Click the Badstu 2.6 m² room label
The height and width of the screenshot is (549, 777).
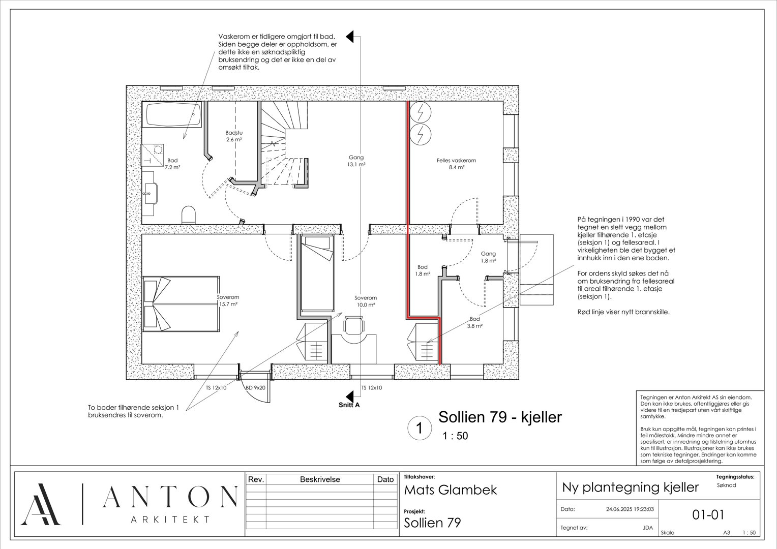(234, 136)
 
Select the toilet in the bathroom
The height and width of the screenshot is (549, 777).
(189, 215)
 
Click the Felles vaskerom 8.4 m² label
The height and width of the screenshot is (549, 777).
(456, 164)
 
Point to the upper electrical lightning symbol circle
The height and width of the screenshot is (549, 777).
(421, 112)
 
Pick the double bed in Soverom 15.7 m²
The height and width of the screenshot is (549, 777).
(181, 304)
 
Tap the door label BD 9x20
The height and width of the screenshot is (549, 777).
(255, 388)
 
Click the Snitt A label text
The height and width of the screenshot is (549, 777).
(349, 405)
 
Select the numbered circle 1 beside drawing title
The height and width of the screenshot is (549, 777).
(420, 428)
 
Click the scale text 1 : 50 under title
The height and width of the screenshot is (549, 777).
(455, 436)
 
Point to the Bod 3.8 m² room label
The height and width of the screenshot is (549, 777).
(475, 322)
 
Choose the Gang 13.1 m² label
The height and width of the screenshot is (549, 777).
(356, 161)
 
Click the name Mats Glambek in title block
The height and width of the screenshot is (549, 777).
(450, 490)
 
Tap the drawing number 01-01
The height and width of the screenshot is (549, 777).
(708, 514)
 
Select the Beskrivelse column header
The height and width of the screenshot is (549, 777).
(320, 479)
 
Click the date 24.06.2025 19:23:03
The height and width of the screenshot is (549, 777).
(630, 509)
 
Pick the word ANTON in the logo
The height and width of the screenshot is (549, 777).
(170, 497)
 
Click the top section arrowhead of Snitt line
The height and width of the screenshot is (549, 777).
(350, 37)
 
